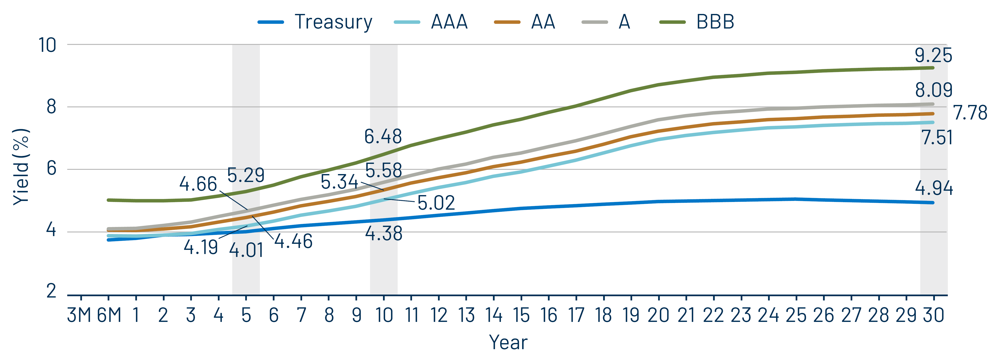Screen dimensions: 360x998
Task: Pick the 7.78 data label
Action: (x=970, y=113)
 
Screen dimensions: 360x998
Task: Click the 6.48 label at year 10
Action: (x=383, y=136)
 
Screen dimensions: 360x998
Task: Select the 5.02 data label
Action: (x=436, y=203)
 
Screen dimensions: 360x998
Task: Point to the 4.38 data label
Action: (x=384, y=233)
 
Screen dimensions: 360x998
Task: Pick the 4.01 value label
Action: (x=246, y=250)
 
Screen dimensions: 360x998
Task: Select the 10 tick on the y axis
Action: (x=47, y=45)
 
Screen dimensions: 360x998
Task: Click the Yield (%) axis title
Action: (x=21, y=167)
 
